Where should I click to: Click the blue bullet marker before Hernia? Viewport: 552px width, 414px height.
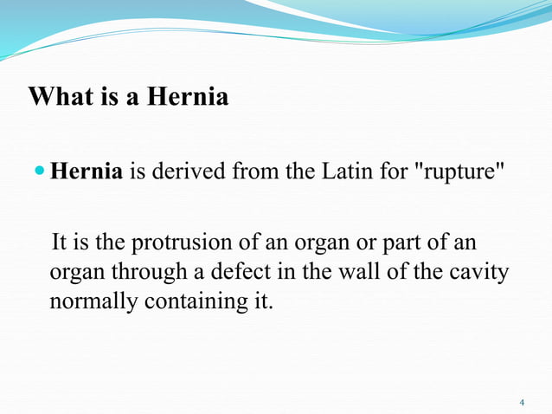point(41,171)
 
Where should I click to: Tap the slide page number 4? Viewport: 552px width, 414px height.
point(522,403)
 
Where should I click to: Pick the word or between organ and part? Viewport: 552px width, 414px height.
point(384,241)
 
